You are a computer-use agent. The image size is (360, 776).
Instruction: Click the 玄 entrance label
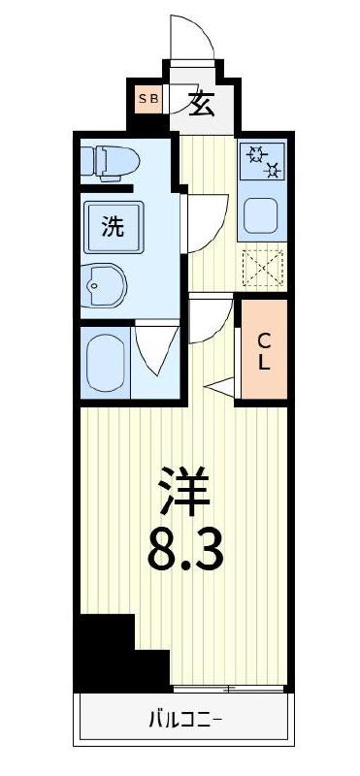pyautogui.click(x=202, y=103)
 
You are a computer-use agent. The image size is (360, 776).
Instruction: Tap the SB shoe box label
pyautogui.click(x=149, y=99)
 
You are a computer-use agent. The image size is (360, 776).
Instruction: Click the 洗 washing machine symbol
pyautogui.click(x=114, y=228)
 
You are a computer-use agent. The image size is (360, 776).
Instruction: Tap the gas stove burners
pyautogui.click(x=264, y=161)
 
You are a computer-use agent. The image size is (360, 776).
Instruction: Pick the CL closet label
pyautogui.click(x=264, y=350)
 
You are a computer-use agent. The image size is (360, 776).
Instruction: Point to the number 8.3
pyautogui.click(x=184, y=548)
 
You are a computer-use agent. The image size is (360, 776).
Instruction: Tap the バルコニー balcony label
pyautogui.click(x=184, y=720)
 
